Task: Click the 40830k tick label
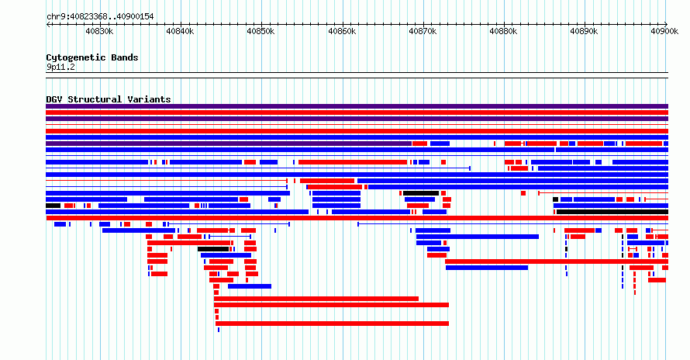(x=99, y=31)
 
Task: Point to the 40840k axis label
(x=180, y=31)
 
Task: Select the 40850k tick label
(x=260, y=31)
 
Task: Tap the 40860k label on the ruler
(x=342, y=31)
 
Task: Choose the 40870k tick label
(x=423, y=31)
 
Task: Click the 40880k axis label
(x=503, y=31)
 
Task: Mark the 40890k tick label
(x=584, y=31)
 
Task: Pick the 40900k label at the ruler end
(x=664, y=31)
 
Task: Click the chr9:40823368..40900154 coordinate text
(x=100, y=17)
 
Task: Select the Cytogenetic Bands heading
(x=92, y=57)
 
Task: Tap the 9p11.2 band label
(x=60, y=67)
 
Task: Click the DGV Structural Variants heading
(x=109, y=99)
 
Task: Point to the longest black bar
(x=612, y=212)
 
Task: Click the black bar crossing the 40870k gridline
(x=421, y=193)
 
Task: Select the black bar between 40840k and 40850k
(x=213, y=249)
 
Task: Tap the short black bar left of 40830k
(x=53, y=206)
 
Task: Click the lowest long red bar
(x=333, y=324)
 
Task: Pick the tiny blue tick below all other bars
(x=219, y=330)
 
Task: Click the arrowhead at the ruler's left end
(x=48, y=24)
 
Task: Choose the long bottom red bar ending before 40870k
(x=316, y=299)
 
